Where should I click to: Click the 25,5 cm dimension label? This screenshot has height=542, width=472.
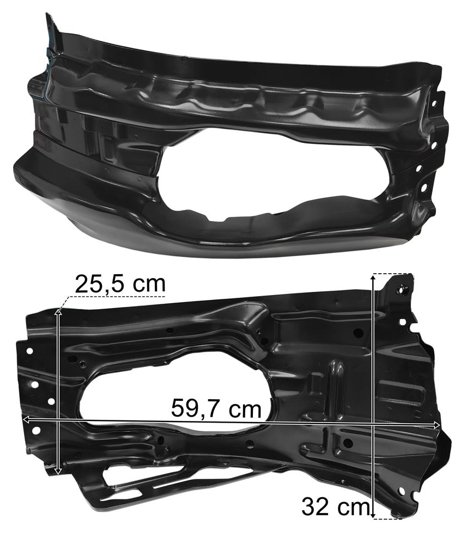(x=120, y=284)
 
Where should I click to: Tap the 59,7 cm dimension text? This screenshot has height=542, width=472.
(x=216, y=408)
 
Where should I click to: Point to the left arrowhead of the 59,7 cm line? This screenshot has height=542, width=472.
(x=25, y=419)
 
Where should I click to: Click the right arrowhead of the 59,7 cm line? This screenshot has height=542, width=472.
(x=438, y=424)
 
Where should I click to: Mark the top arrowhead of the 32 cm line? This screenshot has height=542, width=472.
(x=373, y=277)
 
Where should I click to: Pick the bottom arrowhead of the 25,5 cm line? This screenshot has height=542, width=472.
(x=58, y=471)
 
